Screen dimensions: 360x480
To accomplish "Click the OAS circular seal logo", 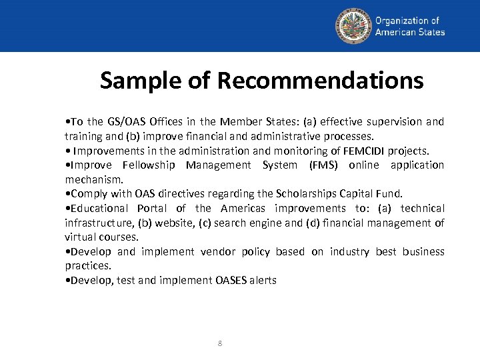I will click(353, 25).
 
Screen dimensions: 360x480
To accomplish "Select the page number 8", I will click(220, 343).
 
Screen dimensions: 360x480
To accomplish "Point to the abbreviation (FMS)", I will click(325, 165).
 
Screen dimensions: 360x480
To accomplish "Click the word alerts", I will click(263, 281).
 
